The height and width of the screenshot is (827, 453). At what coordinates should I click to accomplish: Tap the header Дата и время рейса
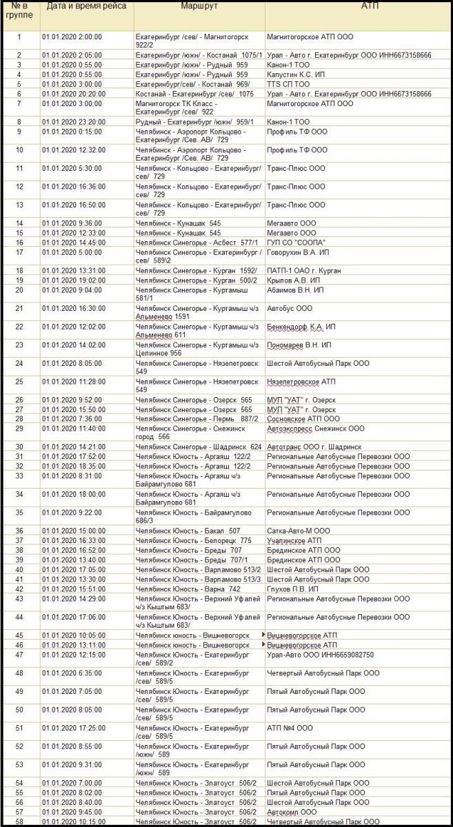click(86, 6)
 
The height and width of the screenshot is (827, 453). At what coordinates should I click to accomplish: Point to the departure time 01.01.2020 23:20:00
click(72, 122)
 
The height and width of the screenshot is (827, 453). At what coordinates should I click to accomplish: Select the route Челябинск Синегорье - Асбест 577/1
click(188, 243)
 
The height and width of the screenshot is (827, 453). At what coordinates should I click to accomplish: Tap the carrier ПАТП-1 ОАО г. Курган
click(303, 271)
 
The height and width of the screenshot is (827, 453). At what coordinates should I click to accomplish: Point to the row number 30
click(19, 447)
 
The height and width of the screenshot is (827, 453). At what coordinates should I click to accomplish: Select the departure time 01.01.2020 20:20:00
click(72, 94)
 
